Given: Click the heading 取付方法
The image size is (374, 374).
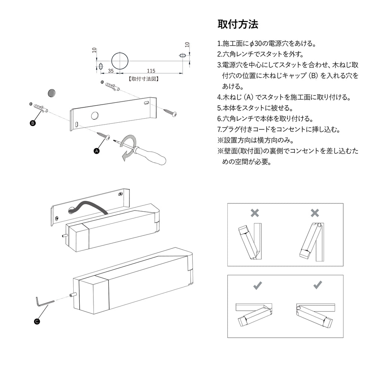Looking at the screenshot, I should click(238, 25).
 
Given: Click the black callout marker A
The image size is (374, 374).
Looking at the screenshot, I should click(96, 151).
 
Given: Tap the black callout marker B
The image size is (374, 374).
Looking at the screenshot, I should click(33, 123).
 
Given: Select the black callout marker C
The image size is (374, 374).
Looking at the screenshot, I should click(37, 321).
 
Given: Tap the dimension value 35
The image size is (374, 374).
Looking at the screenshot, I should click(111, 70).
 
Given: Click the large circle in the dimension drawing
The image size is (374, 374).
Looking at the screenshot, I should click(120, 60).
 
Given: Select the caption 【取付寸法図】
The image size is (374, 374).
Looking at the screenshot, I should click(144, 79).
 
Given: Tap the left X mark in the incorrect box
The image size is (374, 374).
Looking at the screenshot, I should click(255, 213).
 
